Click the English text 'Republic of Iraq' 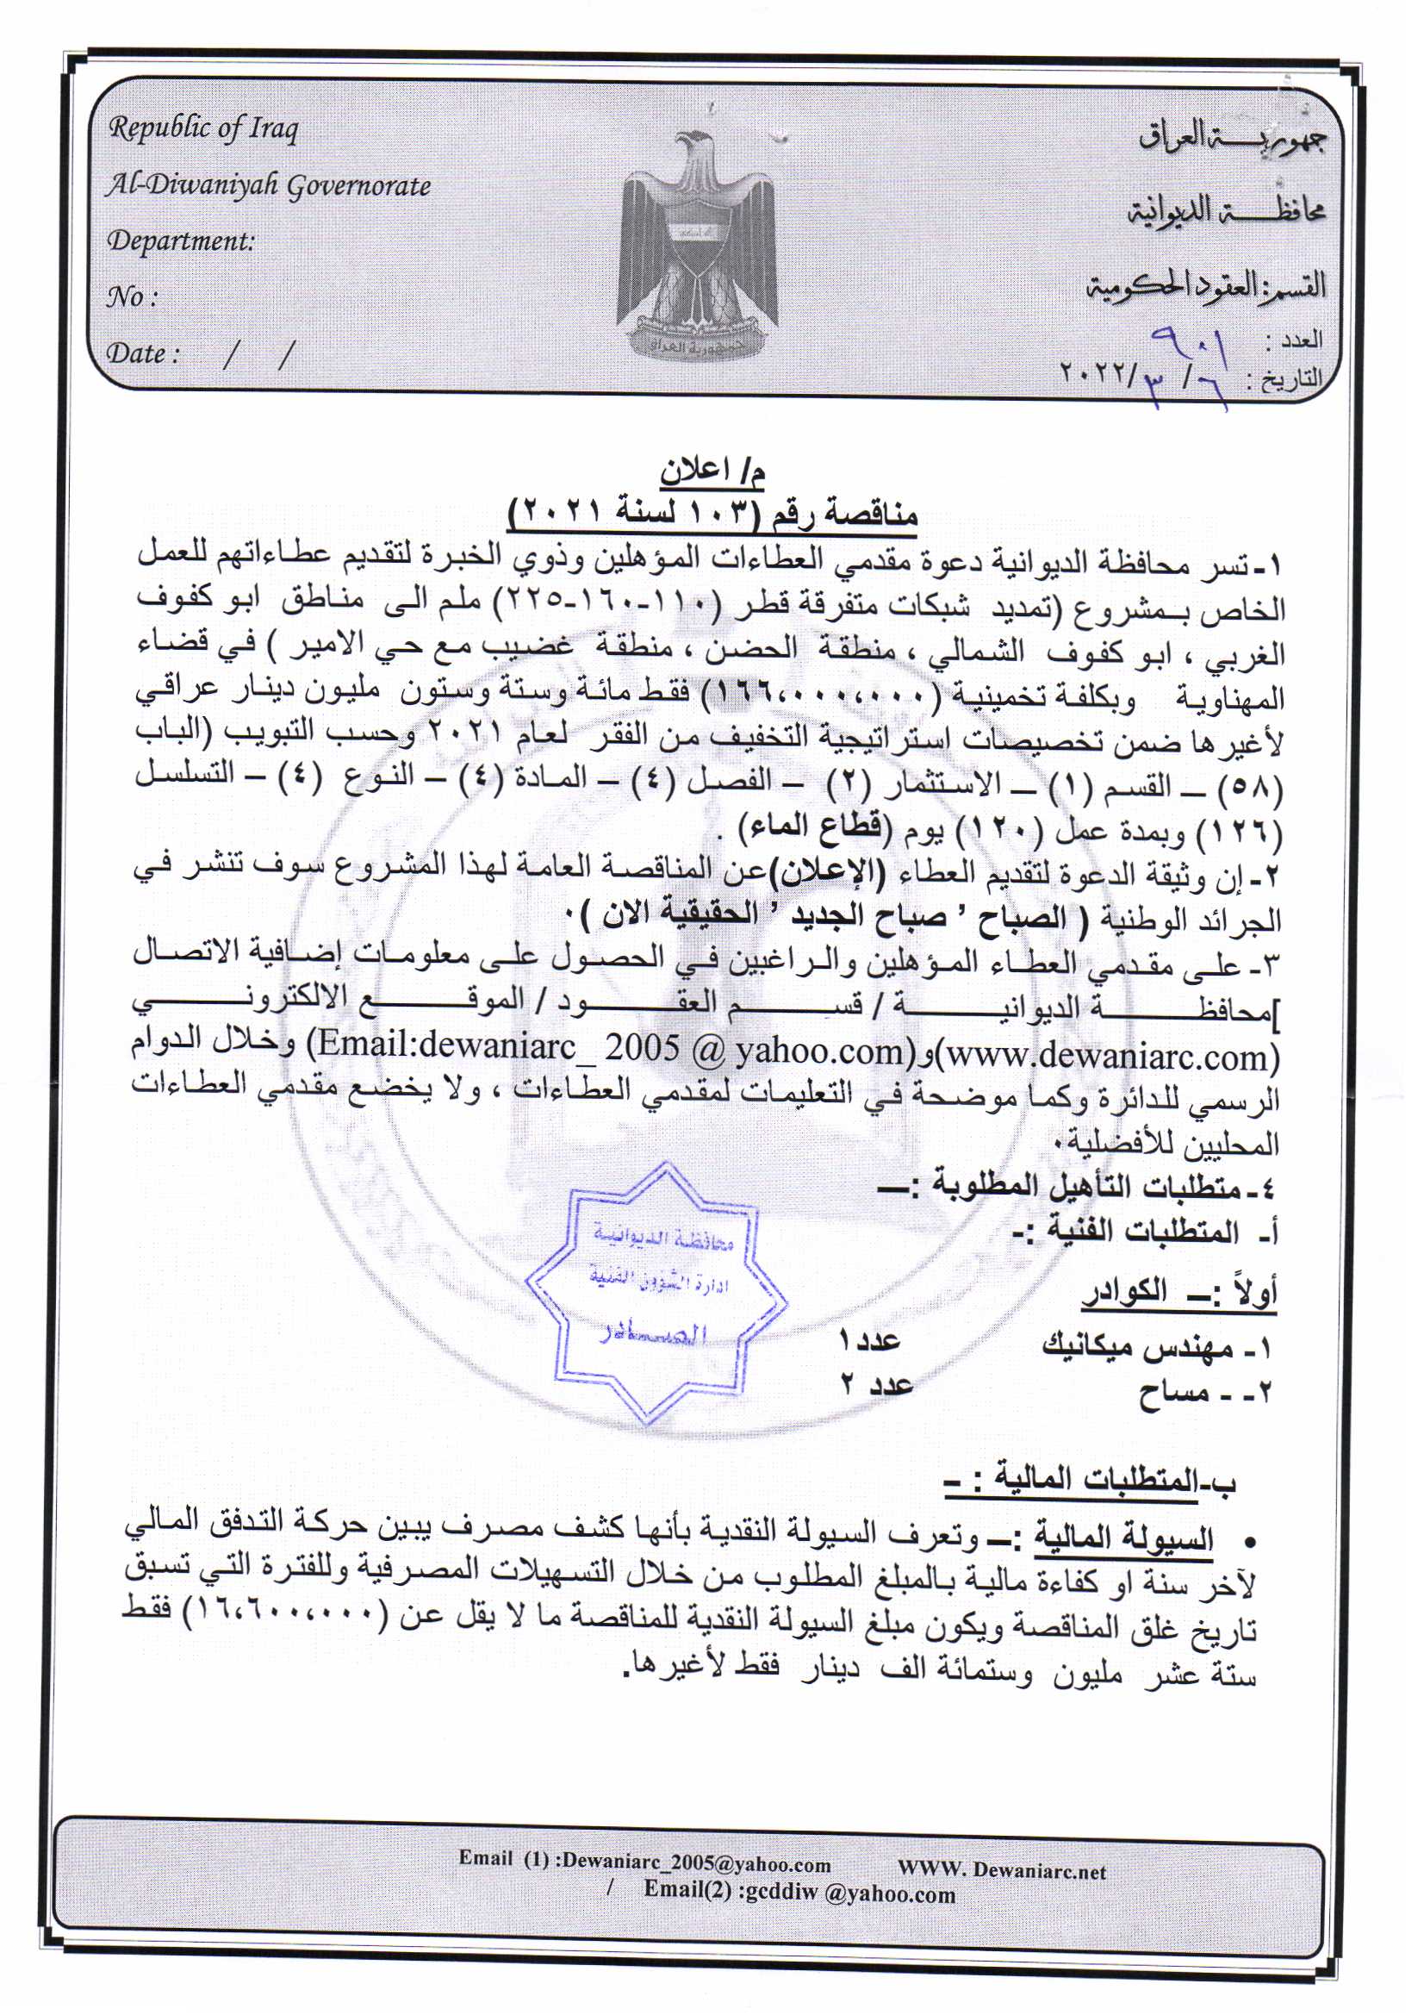[202, 129]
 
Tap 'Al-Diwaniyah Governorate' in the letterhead [269, 186]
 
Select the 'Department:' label [181, 240]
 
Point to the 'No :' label [132, 296]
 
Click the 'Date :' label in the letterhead [143, 352]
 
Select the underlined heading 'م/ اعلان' [712, 472]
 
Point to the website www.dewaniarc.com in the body [1107, 1056]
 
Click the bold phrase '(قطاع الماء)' [816, 826]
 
